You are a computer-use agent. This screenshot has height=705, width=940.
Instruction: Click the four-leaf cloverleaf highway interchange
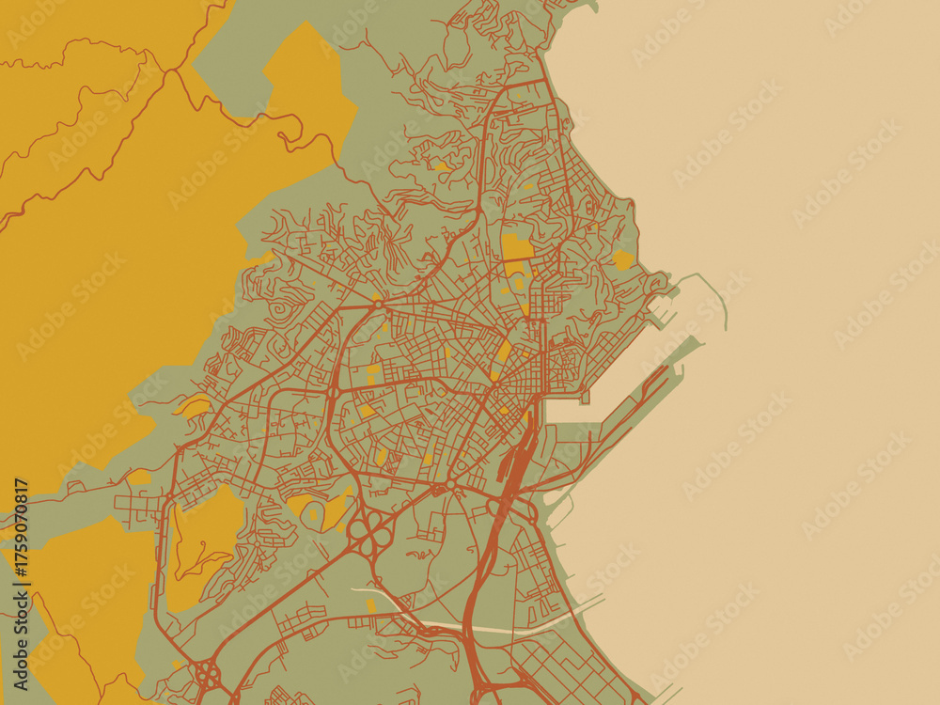(372, 533)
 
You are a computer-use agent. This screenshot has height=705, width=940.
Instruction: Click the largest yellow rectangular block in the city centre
(516, 246)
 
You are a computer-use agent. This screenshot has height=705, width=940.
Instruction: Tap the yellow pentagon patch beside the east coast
(623, 259)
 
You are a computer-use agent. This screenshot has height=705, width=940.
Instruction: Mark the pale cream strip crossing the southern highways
(489, 628)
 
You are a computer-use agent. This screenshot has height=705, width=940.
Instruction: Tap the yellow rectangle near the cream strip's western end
(370, 605)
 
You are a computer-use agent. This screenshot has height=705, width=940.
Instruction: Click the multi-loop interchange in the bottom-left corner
(205, 673)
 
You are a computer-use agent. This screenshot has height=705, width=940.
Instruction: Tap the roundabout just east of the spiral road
(376, 304)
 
